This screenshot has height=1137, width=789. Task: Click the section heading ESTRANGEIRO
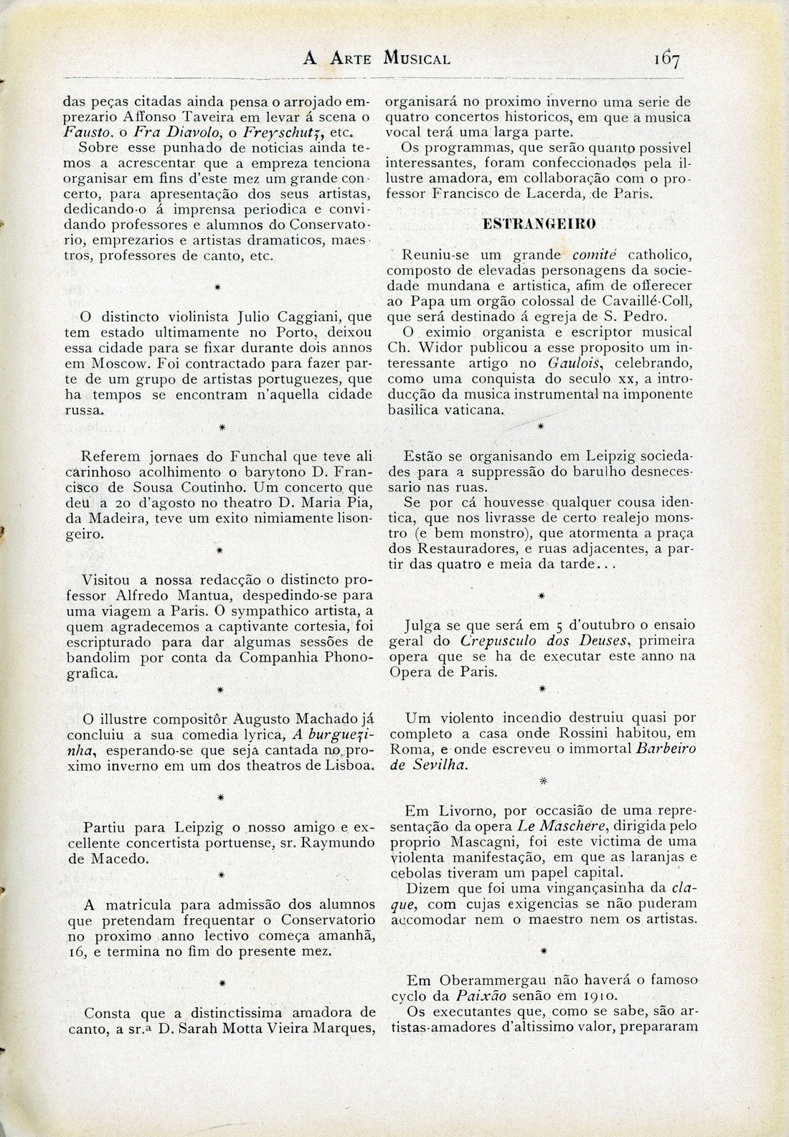[539, 224]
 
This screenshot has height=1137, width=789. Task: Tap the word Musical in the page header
[417, 59]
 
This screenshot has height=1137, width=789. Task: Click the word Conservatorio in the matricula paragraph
[326, 920]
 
